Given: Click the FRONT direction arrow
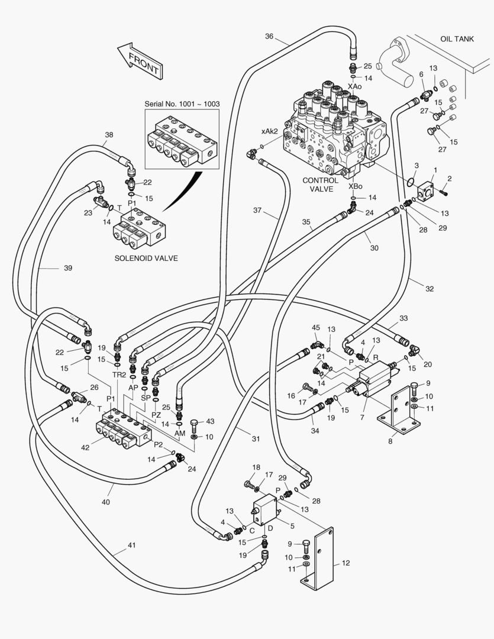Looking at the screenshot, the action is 140,61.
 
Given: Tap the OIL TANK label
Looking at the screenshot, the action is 457,38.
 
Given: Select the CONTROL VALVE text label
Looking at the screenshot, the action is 321,185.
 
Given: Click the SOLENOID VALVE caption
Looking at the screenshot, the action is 146,258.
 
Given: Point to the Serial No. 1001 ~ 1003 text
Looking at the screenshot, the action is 182,104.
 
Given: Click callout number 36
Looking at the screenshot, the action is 269,36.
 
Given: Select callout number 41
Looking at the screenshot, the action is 132,545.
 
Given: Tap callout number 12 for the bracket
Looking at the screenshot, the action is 346,563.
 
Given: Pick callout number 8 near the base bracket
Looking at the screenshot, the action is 390,441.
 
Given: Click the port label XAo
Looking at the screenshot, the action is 354,86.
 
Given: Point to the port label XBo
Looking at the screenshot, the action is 355,186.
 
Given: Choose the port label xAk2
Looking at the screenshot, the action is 269,131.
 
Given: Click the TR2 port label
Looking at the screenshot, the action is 119,375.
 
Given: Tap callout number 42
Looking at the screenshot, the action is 85,447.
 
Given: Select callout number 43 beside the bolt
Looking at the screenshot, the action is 209,421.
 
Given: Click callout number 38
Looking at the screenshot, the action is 109,134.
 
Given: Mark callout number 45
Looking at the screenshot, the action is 316,327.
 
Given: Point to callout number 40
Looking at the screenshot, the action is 105,502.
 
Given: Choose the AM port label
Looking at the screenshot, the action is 180,433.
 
